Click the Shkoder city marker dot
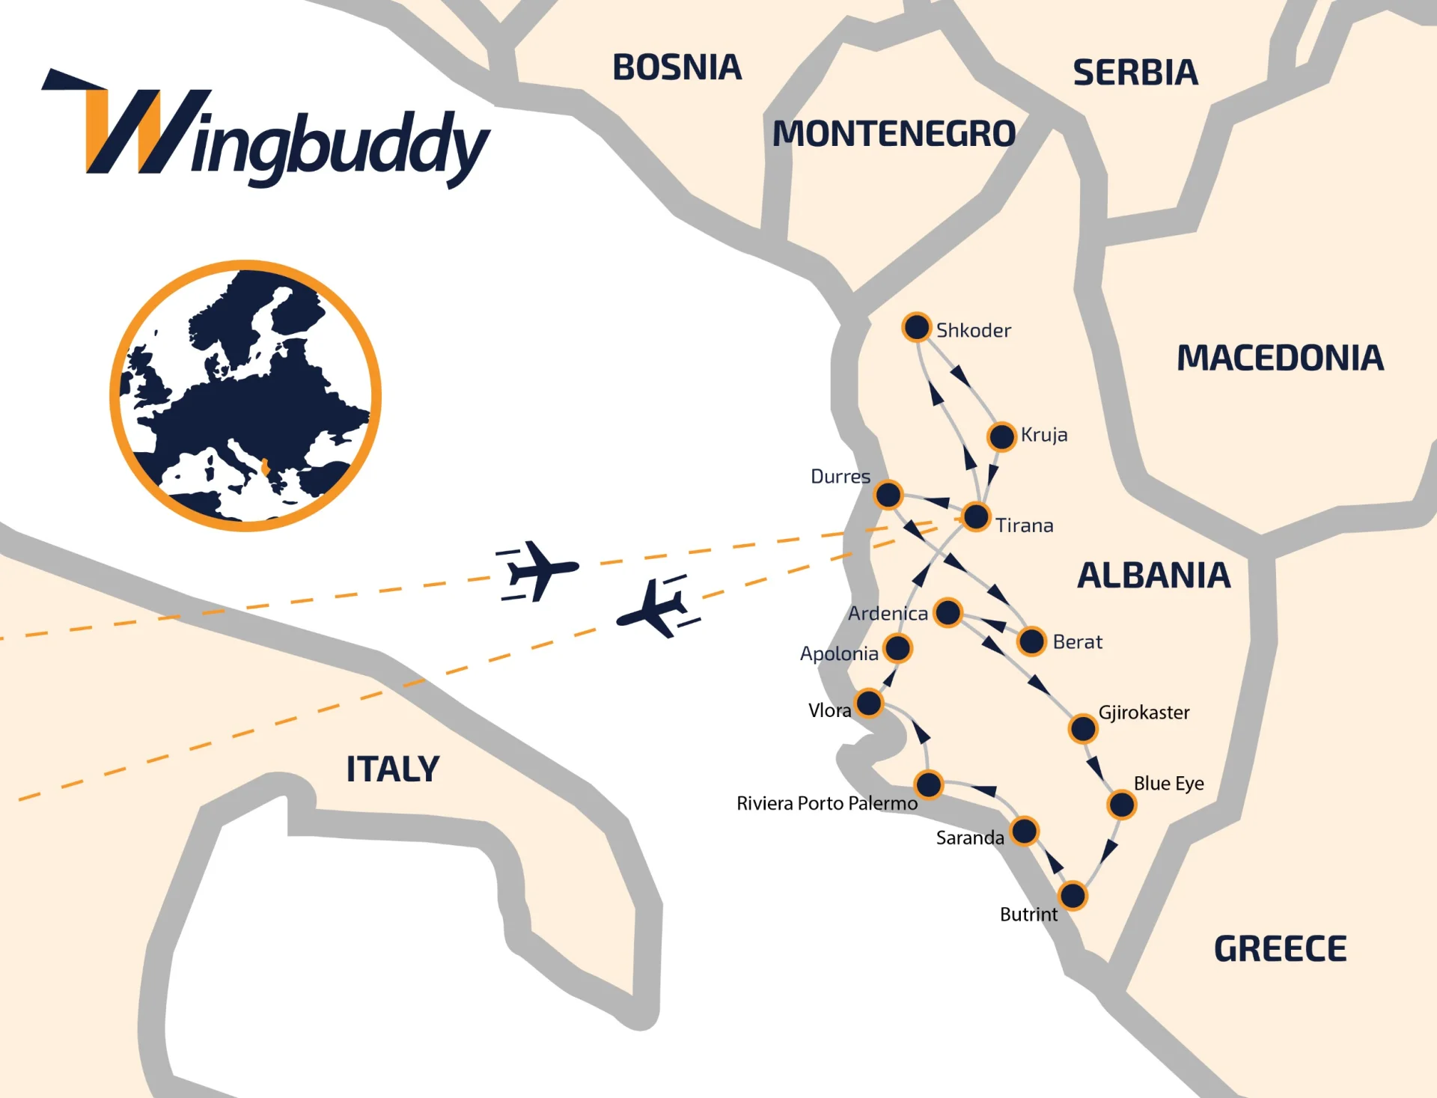point(916,327)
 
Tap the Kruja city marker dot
point(1001,436)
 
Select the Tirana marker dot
point(976,516)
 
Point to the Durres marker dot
point(888,495)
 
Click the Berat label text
point(1077,642)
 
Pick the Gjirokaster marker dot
point(1083,728)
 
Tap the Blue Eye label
point(1168,784)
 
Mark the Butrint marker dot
point(1073,895)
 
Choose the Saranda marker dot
point(1024,831)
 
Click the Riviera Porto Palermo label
point(827,804)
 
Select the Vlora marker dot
point(869,703)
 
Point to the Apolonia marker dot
point(897,648)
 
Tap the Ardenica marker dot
point(948,612)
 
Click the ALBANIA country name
point(1153,576)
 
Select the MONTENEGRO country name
point(894,134)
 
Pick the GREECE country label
point(1280,949)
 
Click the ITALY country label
point(392,769)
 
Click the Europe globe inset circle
point(245,396)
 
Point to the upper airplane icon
point(537,570)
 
